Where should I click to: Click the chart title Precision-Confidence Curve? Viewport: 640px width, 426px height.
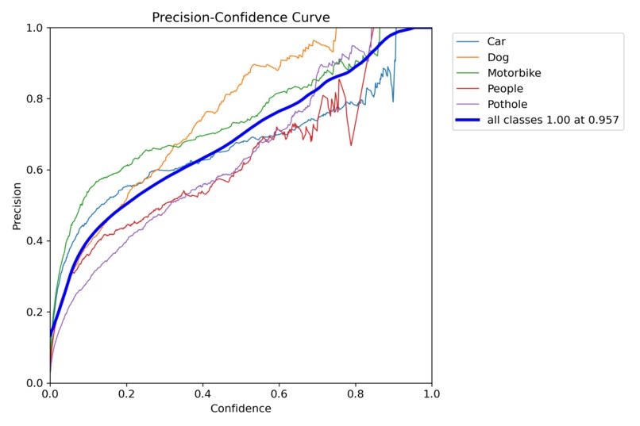[241, 17]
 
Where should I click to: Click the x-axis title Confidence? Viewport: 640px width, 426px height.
[241, 409]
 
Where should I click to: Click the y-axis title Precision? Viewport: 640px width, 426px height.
[17, 205]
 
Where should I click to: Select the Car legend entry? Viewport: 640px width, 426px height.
[497, 41]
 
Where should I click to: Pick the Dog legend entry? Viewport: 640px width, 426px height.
[499, 57]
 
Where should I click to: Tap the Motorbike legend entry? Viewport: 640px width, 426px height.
[514, 73]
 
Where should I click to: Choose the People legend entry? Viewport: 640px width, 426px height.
[505, 89]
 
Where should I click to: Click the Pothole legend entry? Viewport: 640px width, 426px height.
[507, 104]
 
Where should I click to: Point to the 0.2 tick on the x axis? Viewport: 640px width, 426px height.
[126, 393]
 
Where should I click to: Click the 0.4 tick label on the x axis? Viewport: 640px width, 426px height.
[202, 393]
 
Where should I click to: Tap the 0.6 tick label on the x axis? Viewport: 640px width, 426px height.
[279, 393]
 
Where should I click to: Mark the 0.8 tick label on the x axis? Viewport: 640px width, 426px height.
[356, 393]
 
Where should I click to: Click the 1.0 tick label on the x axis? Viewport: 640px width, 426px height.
[431, 393]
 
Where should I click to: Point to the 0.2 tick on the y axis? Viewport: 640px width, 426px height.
[34, 312]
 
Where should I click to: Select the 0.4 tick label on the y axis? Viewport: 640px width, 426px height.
[34, 241]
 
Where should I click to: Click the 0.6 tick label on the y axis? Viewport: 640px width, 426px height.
[34, 170]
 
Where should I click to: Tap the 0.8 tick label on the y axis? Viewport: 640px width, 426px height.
[34, 99]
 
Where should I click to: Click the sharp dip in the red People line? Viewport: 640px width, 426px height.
[351, 145]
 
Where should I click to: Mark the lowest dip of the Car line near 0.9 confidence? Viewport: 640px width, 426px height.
[392, 101]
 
